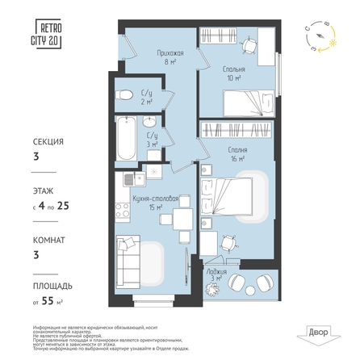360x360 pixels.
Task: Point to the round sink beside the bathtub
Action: [x=150, y=122]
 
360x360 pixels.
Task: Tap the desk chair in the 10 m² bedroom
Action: [x=251, y=46]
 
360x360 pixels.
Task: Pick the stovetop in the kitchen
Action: [x=123, y=210]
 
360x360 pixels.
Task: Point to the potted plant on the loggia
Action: [x=263, y=282]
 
